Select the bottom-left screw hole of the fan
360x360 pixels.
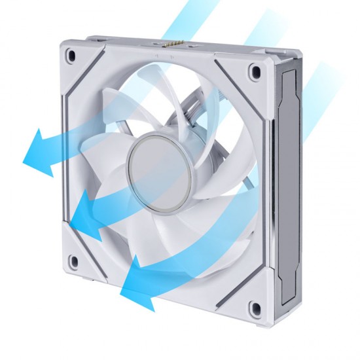coord(72,262)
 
